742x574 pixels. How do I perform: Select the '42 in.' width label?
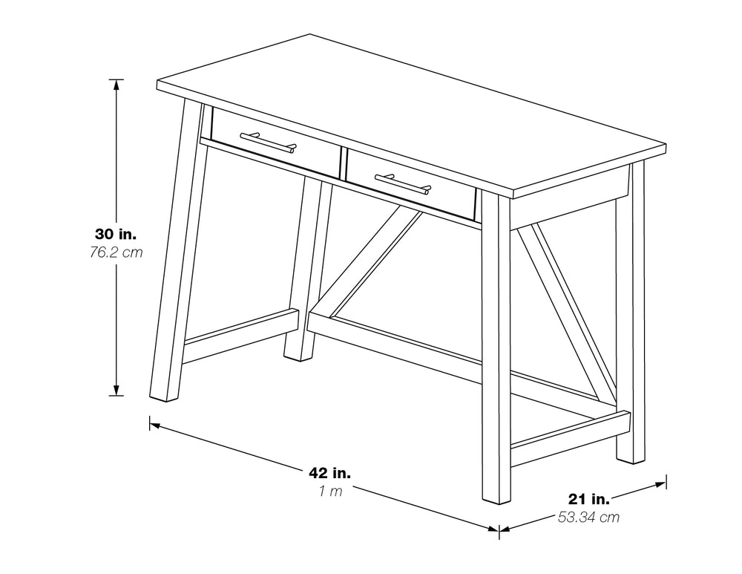(330, 472)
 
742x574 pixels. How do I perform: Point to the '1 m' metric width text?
(330, 491)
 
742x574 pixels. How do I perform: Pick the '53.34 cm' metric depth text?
(588, 518)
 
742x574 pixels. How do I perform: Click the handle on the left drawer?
(268, 141)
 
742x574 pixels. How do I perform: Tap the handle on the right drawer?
(402, 183)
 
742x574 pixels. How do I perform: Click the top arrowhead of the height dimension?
(116, 83)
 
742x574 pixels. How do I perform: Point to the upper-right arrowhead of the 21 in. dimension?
(662, 483)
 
